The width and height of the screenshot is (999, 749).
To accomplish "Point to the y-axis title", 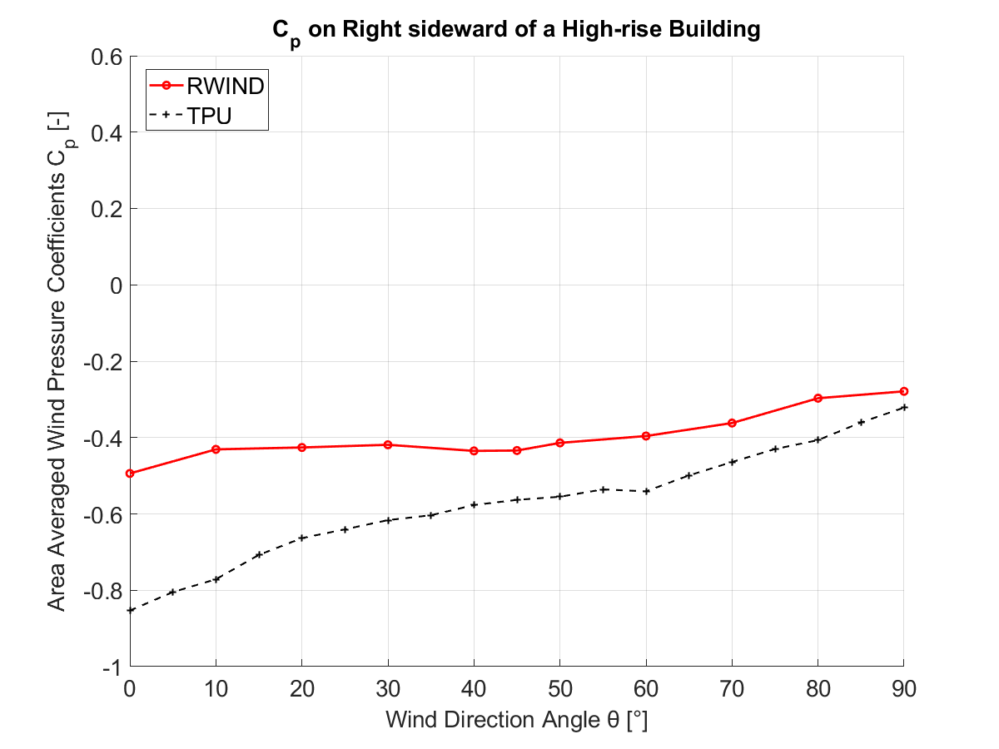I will click(x=57, y=361).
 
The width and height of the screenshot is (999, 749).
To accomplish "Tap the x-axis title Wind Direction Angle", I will click(x=516, y=720).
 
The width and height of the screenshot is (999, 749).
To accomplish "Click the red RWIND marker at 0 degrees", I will click(x=130, y=474).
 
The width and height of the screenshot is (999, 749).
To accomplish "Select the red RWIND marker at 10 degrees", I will click(x=216, y=449).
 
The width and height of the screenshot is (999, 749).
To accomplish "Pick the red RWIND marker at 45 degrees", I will click(x=517, y=450).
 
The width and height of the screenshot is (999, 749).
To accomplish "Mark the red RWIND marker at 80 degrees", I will click(x=818, y=399).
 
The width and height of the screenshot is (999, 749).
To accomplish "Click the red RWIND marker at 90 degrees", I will click(x=904, y=391).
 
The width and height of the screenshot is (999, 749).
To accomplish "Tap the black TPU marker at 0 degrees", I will click(x=130, y=610).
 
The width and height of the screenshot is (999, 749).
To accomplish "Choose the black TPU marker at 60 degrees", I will click(x=646, y=491).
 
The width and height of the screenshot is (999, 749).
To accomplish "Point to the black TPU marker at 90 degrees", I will click(x=904, y=407).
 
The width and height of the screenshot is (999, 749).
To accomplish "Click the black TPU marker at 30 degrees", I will click(x=388, y=520).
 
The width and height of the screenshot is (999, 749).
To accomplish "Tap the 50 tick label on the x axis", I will click(x=560, y=688).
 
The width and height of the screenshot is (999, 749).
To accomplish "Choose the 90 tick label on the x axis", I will click(x=904, y=688).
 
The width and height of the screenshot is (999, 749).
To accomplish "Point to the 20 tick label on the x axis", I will click(x=302, y=688).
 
